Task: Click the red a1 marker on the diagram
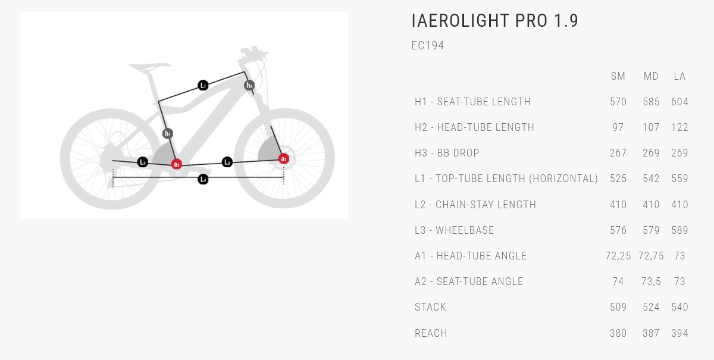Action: pyautogui.click(x=284, y=159)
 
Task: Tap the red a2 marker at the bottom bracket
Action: pyautogui.click(x=177, y=164)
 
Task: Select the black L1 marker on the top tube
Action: pyautogui.click(x=203, y=86)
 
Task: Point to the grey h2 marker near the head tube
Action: pyautogui.click(x=249, y=86)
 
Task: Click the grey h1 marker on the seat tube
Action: pyautogui.click(x=168, y=134)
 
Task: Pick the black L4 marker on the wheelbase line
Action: pyautogui.click(x=203, y=179)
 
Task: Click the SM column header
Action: pyautogui.click(x=618, y=76)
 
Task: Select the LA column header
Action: pyautogui.click(x=679, y=76)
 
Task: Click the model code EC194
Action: pyautogui.click(x=428, y=46)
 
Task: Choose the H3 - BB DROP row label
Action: pyautogui.click(x=447, y=153)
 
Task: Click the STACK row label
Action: pyautogui.click(x=430, y=307)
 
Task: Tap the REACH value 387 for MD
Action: pyautogui.click(x=651, y=333)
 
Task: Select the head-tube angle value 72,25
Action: pyautogui.click(x=618, y=256)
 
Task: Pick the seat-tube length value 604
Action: pyautogui.click(x=679, y=102)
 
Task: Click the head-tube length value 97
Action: pyautogui.click(x=618, y=127)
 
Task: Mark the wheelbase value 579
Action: pyautogui.click(x=651, y=230)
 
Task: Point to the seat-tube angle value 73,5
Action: pyautogui.click(x=651, y=281)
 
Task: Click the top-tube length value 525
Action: pyautogui.click(x=618, y=179)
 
